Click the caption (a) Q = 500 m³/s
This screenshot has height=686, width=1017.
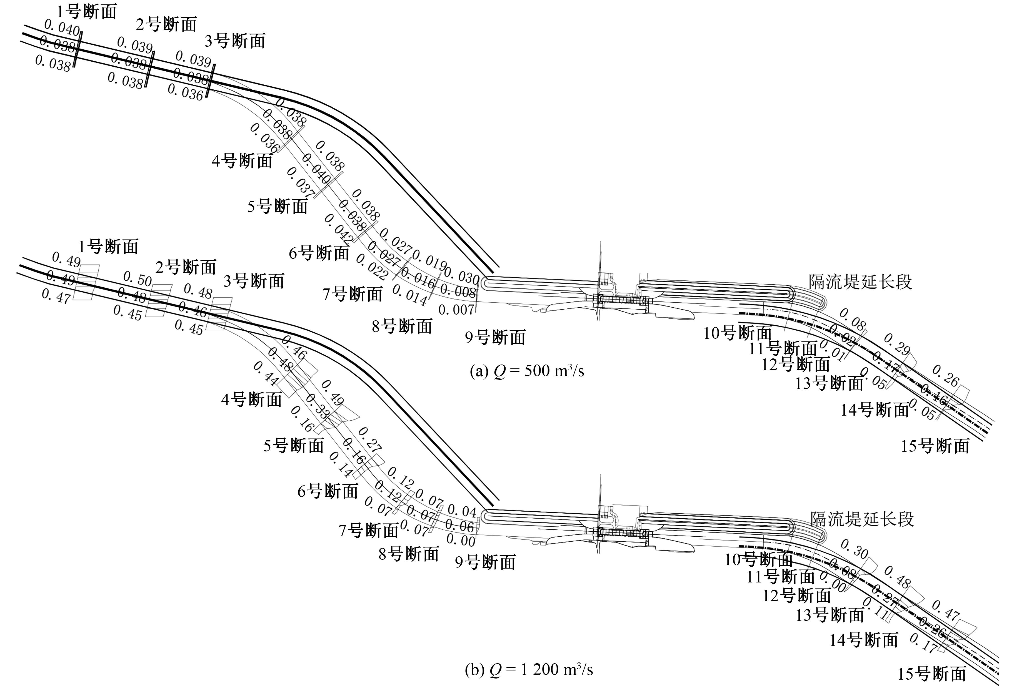click(x=526, y=371)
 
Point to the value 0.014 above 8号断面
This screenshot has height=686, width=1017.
click(x=409, y=295)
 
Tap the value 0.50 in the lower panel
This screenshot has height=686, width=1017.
click(x=137, y=278)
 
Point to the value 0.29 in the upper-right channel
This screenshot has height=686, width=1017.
click(x=897, y=344)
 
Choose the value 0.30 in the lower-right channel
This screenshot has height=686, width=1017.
click(x=854, y=549)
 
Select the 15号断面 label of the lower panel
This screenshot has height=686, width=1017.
click(x=932, y=674)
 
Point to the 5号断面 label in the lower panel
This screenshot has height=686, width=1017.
click(x=293, y=446)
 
